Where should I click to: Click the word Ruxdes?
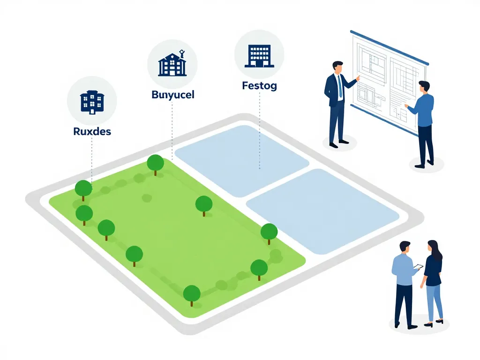pos(92,131)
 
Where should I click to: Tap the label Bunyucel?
pos(173,95)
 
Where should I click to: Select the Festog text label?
pos(260,85)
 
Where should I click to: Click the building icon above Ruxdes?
pos(92,102)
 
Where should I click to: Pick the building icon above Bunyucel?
pos(172,63)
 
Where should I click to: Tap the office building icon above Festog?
pos(259,56)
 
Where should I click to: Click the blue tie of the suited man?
pos(340,86)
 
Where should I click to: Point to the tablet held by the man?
pos(418,267)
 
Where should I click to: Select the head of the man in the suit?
pos(337,67)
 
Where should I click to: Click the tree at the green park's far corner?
pos(155,165)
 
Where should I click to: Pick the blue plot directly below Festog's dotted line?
pos(242,160)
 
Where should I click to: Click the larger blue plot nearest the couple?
pos(322,211)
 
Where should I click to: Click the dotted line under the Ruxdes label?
pos(92,159)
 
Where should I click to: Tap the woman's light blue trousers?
pos(435,303)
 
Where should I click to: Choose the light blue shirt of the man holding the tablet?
pos(404,270)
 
